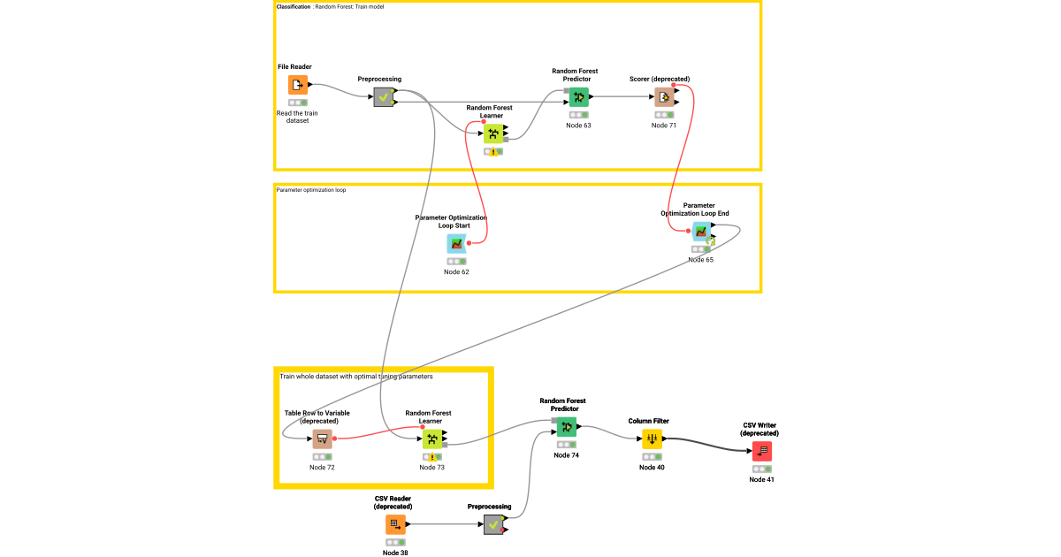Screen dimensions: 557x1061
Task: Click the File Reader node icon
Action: click(298, 85)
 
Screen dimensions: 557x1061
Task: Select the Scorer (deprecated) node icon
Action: click(664, 97)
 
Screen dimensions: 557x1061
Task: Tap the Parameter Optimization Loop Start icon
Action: click(456, 243)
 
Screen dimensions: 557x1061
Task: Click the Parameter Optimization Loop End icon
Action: click(700, 232)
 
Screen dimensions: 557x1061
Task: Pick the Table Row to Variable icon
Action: click(322, 439)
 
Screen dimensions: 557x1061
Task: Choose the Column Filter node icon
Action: click(652, 439)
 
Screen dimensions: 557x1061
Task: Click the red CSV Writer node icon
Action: click(761, 451)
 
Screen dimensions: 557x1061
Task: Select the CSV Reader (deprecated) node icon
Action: click(395, 524)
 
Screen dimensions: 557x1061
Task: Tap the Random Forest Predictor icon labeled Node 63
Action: click(578, 97)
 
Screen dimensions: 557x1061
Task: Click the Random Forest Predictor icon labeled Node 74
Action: click(567, 427)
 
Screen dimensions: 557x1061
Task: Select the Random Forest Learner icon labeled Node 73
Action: click(431, 439)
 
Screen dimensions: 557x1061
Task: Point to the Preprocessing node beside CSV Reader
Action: click(493, 524)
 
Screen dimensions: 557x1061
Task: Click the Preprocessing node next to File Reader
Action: click(383, 97)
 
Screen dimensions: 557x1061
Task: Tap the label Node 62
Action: click(456, 272)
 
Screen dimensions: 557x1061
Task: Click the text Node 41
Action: click(761, 480)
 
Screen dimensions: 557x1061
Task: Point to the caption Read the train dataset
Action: click(298, 117)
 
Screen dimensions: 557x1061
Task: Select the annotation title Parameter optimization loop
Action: click(311, 190)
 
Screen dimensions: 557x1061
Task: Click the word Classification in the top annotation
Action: click(294, 7)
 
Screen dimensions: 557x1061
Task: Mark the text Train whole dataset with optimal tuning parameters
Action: click(356, 377)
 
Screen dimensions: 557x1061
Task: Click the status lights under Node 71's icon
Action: click(664, 115)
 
